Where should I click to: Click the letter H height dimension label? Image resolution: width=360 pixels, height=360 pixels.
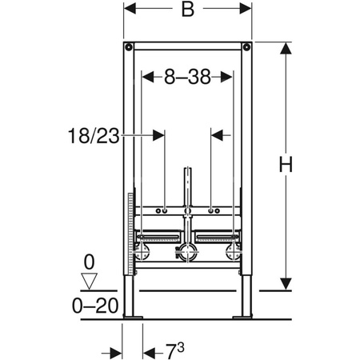pyautogui.click(x=286, y=165)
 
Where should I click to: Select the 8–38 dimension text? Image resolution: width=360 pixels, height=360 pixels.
pyautogui.click(x=187, y=78)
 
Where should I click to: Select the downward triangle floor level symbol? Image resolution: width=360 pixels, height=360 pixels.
pyautogui.click(x=90, y=280)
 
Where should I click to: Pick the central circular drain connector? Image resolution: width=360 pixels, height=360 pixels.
pyautogui.click(x=188, y=254)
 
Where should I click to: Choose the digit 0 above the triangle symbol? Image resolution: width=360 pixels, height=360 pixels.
pyautogui.click(x=90, y=262)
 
